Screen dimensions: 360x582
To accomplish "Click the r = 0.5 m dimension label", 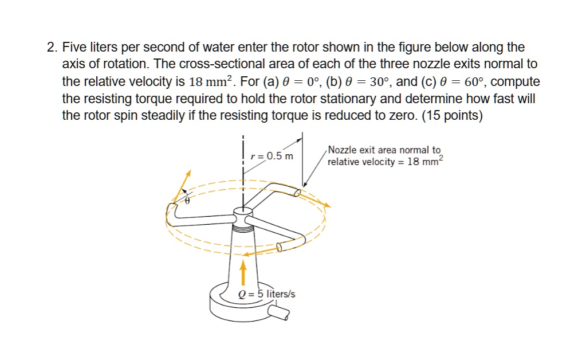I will click(273, 156).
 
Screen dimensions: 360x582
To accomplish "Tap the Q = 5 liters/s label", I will click(266, 294).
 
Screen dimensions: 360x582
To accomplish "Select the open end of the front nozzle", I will click(280, 247).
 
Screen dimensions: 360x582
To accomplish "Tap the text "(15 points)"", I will click(452, 116).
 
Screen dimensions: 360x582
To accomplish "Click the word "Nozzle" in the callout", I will click(343, 150).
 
